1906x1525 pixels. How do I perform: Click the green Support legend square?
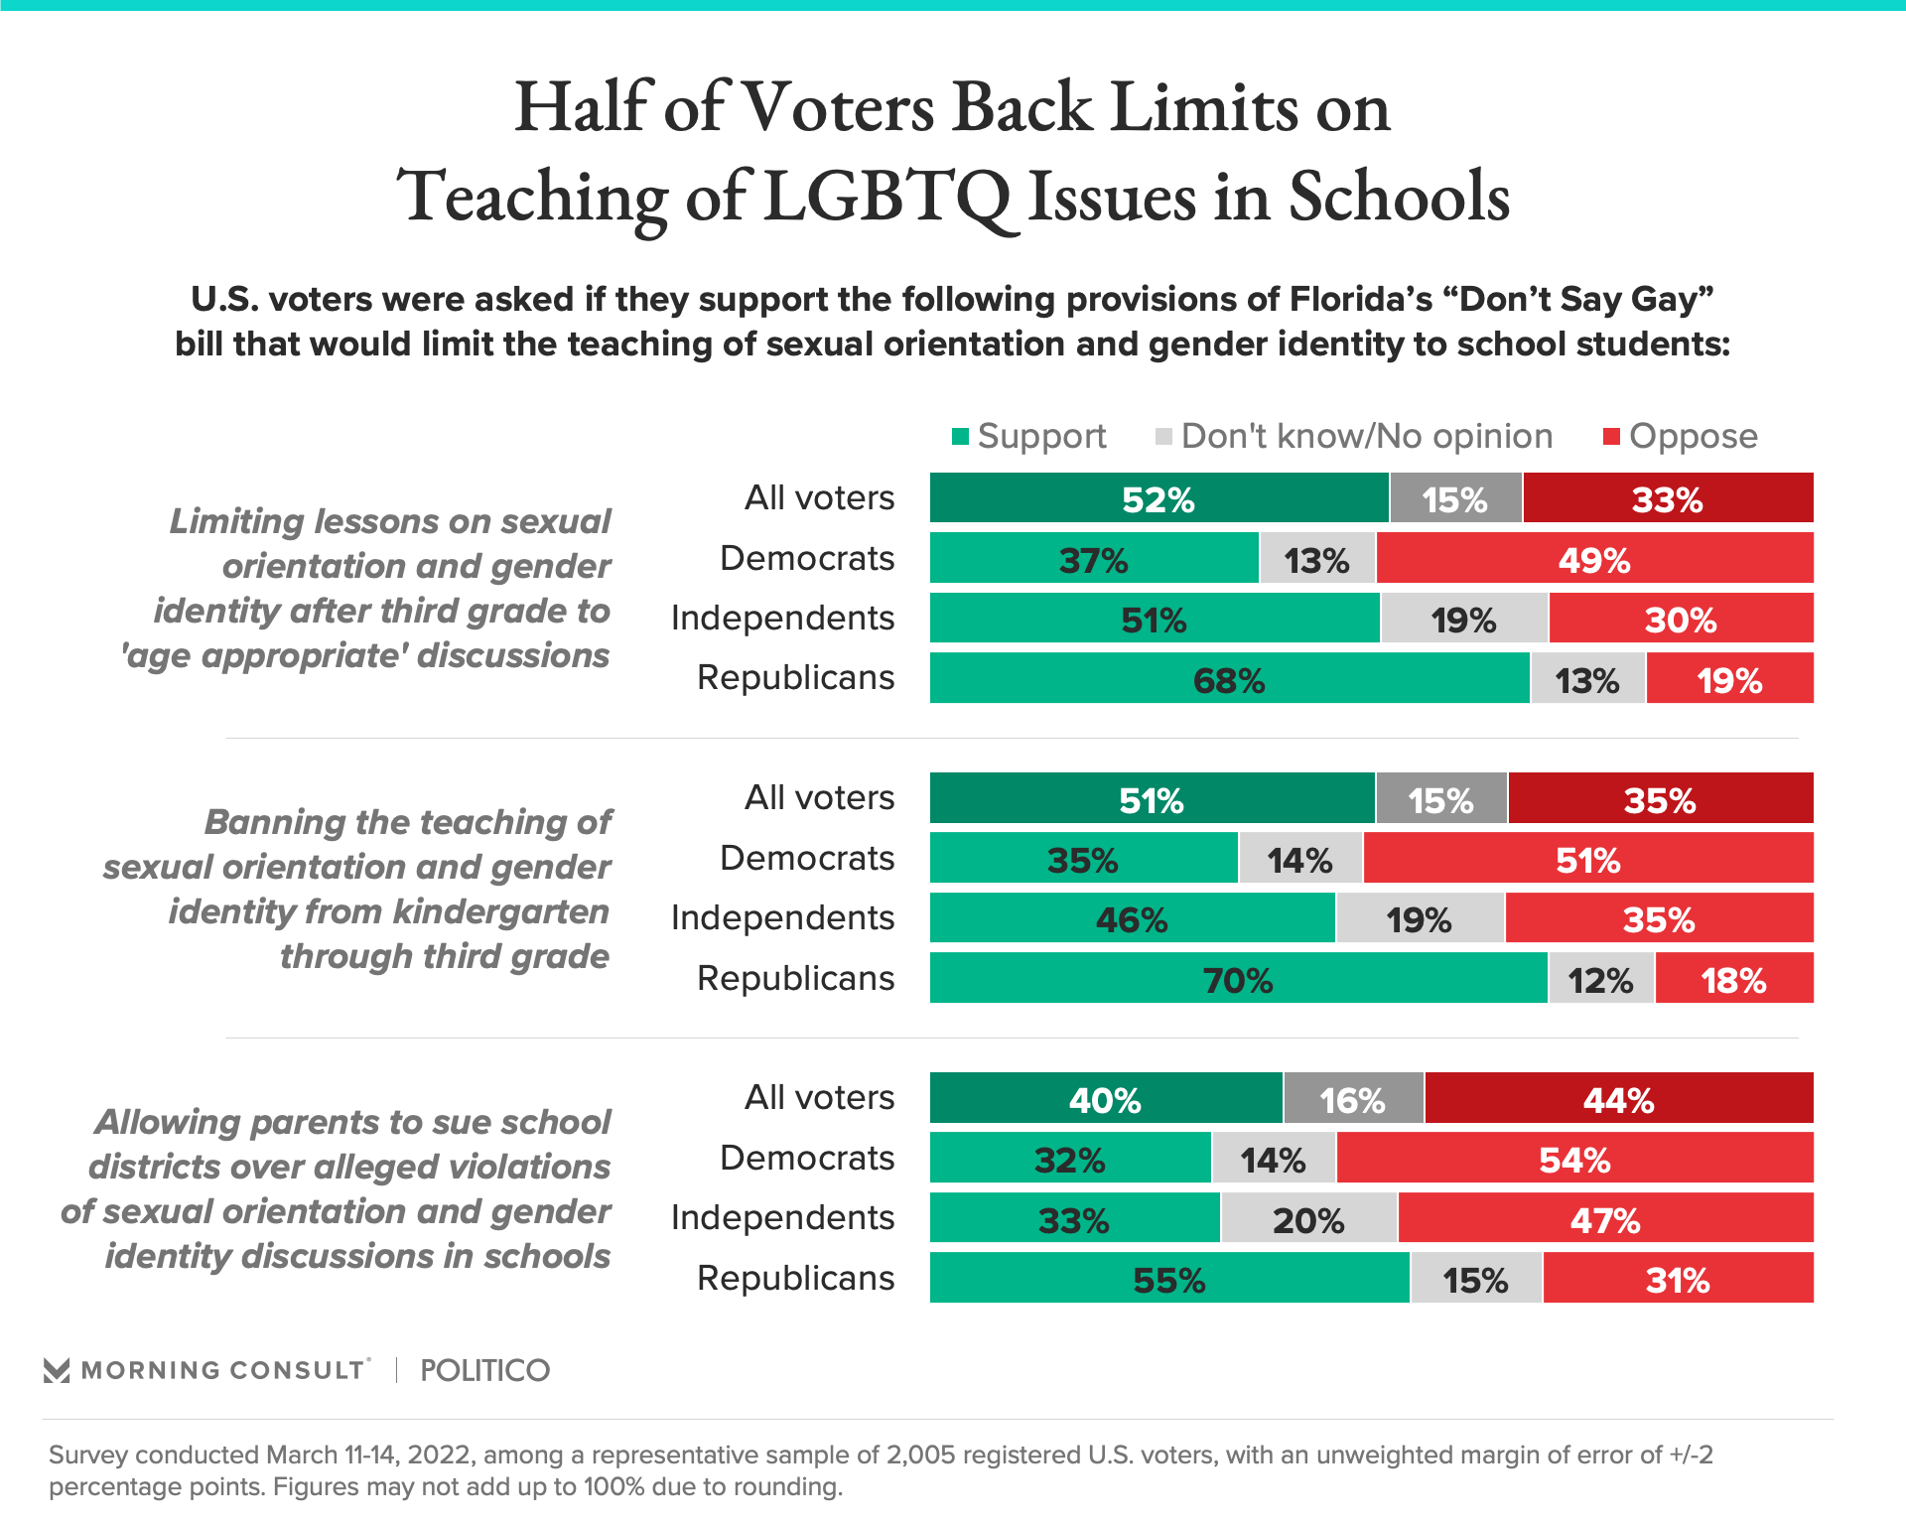click(x=960, y=437)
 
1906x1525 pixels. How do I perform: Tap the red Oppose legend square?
click(x=1611, y=437)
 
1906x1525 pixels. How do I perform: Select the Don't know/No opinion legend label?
click(x=1366, y=437)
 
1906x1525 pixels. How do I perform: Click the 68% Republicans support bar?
click(x=1229, y=679)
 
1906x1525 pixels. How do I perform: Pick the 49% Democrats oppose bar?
click(x=1594, y=559)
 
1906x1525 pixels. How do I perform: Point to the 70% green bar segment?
click(x=1238, y=979)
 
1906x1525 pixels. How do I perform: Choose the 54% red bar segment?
click(x=1574, y=1159)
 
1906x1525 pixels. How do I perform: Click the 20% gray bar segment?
click(x=1308, y=1219)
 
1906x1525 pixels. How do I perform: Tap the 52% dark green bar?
click(x=1158, y=498)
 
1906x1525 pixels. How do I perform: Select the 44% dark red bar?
click(x=1618, y=1099)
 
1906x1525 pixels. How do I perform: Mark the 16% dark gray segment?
click(x=1353, y=1099)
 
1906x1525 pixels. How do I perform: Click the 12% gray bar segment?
click(x=1601, y=979)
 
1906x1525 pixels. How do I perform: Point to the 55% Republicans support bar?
click(x=1169, y=1279)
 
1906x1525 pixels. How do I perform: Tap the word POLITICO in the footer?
click(x=484, y=1371)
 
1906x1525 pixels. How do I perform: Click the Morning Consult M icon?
click(x=57, y=1371)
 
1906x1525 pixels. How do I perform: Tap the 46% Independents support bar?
click(x=1132, y=918)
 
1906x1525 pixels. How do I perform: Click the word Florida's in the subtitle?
click(x=1361, y=300)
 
